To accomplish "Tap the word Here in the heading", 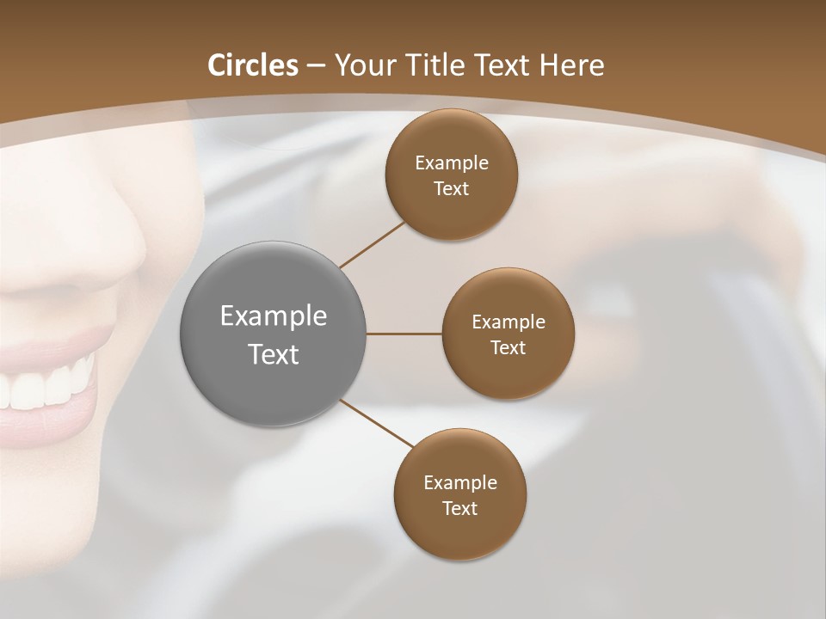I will coord(572,65).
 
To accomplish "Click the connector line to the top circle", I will coord(372,244).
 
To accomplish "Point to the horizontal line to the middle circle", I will coord(404,334).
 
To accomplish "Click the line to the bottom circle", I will coord(377,423).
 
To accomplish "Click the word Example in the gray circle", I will coord(273,316).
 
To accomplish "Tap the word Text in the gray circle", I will coord(273,354).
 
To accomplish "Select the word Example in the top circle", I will coord(451,163).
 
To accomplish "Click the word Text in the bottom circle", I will coord(459,509).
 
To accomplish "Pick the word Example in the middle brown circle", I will coord(508,322).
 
